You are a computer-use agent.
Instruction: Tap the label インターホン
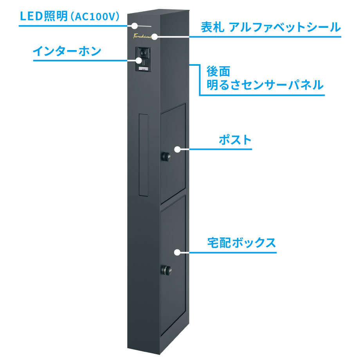(x=67, y=51)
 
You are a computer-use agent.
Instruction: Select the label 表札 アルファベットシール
(x=270, y=28)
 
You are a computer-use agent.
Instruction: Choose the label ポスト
(x=235, y=140)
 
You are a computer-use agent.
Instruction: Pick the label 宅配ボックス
(x=241, y=243)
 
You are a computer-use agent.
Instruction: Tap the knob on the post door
(x=165, y=157)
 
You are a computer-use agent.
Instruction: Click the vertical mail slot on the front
(x=144, y=154)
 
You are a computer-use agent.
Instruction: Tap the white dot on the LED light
(x=134, y=26)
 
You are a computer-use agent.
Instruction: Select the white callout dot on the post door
(x=177, y=149)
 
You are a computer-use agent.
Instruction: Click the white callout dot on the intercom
(x=139, y=61)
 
